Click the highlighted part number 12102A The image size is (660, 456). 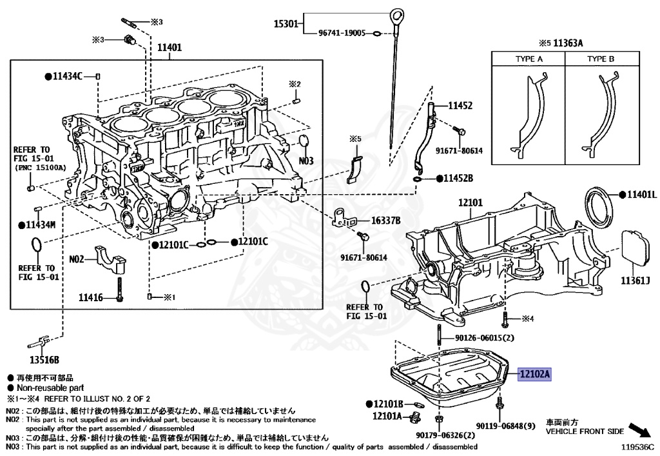[x=535, y=374]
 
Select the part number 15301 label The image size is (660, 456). [x=286, y=24]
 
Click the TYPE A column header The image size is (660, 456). [x=529, y=59]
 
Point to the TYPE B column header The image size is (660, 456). [x=601, y=59]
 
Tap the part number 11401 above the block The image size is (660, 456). [x=170, y=47]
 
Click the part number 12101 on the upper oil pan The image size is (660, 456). [x=471, y=203]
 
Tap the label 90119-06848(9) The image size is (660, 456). [x=507, y=426]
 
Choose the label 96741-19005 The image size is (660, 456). [x=342, y=32]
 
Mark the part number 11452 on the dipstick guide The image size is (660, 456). [x=461, y=104]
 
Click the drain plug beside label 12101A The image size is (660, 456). [x=413, y=419]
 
